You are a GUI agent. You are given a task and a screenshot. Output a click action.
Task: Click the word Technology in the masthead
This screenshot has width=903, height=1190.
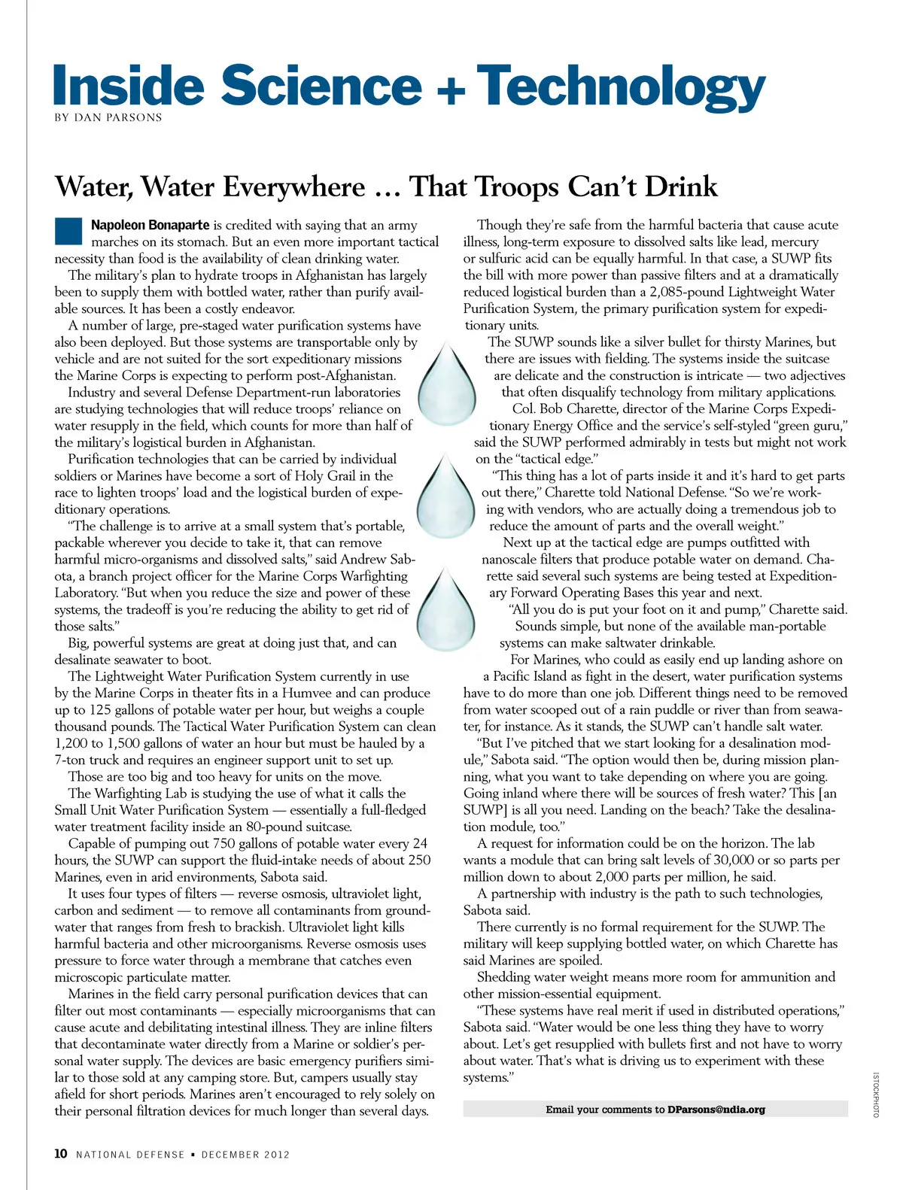(x=621, y=87)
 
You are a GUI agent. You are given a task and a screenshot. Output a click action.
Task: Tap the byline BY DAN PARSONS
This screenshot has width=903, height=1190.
(x=108, y=117)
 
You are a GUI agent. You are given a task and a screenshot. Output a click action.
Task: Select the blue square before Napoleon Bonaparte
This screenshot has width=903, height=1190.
(x=68, y=231)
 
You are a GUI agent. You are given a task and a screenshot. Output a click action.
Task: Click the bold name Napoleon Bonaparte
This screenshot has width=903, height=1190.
(x=150, y=225)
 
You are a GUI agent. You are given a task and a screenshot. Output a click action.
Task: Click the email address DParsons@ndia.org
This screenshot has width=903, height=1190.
(x=716, y=1110)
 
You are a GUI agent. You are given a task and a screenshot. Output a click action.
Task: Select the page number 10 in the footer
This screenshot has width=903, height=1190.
(x=61, y=1154)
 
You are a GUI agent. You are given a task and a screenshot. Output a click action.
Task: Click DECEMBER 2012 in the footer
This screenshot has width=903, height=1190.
(x=245, y=1155)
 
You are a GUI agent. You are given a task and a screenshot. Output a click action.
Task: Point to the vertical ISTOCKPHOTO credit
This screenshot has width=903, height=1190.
(x=876, y=1094)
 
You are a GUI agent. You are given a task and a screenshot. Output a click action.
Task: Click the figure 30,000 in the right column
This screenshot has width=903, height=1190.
(x=725, y=861)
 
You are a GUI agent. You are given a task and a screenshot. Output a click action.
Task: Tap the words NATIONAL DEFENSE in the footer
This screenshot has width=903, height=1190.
(x=130, y=1155)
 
